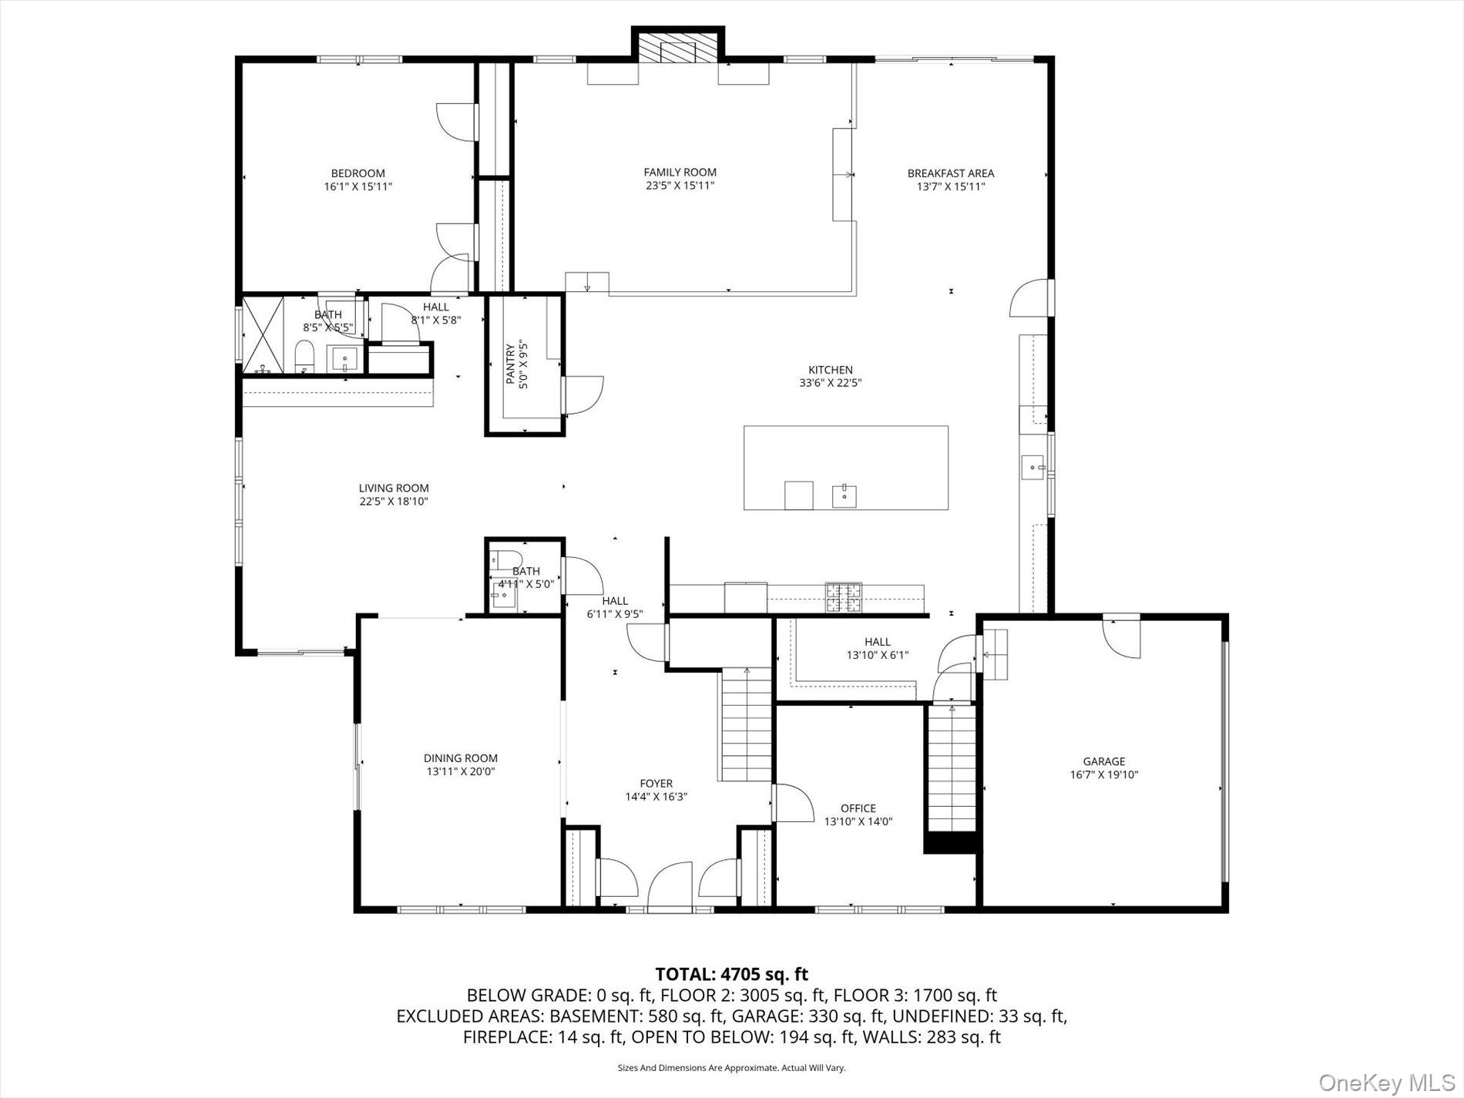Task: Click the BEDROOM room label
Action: tap(358, 173)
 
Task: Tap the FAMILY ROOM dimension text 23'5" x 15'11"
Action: tap(680, 186)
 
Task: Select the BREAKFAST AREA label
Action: tap(950, 173)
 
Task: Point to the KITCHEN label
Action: tap(830, 370)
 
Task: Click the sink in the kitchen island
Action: tap(845, 495)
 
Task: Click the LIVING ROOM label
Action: tap(393, 488)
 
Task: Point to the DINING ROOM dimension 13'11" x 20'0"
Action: tap(461, 771)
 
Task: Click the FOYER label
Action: tap(656, 784)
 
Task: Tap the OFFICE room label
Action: tap(858, 808)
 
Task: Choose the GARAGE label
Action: tap(1103, 761)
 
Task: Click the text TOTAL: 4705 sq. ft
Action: tap(731, 975)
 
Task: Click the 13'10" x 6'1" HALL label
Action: tap(877, 642)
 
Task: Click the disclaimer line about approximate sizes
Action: tap(731, 1068)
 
